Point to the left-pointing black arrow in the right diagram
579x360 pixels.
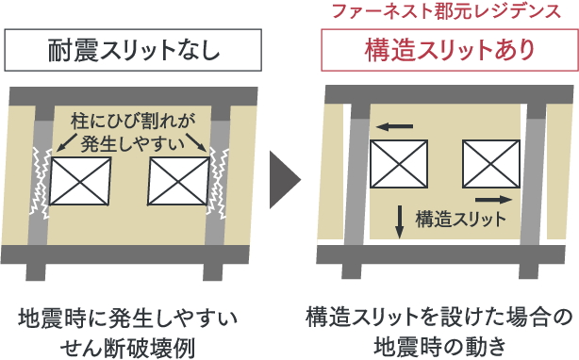[394, 123]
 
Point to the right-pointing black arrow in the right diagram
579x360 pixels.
[496, 200]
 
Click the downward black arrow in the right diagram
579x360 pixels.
[399, 221]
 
